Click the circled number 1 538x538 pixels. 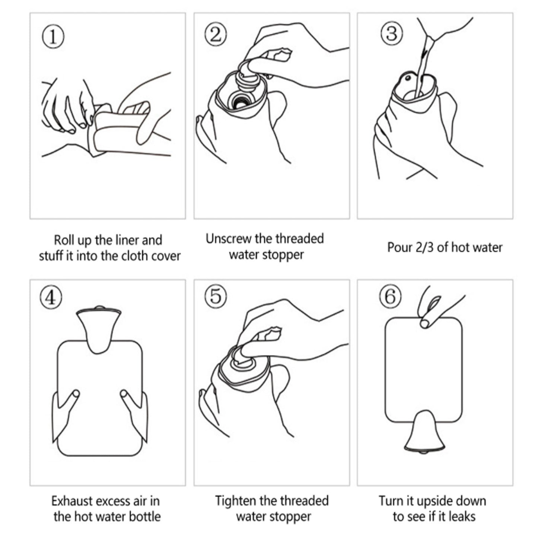coord(53,37)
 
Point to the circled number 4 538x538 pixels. coord(51,297)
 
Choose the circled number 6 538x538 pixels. coord(390,297)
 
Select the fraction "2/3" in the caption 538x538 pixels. coord(424,248)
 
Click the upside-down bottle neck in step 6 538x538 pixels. coord(424,432)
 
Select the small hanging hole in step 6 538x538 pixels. coord(424,324)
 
